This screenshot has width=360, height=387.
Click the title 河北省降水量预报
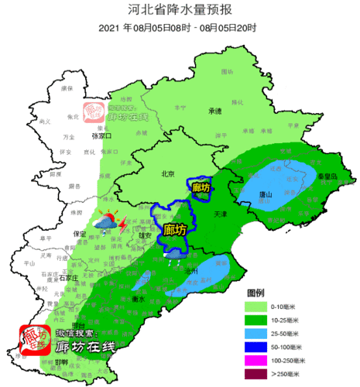tap(180, 10)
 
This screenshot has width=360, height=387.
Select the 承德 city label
tap(214, 111)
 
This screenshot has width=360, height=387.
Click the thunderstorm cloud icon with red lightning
tap(106, 224)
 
